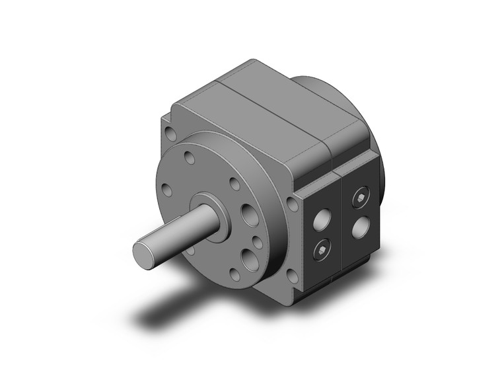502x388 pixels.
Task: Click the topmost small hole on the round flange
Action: pyautogui.click(x=190, y=158)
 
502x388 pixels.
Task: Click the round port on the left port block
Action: pyautogui.click(x=323, y=219)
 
